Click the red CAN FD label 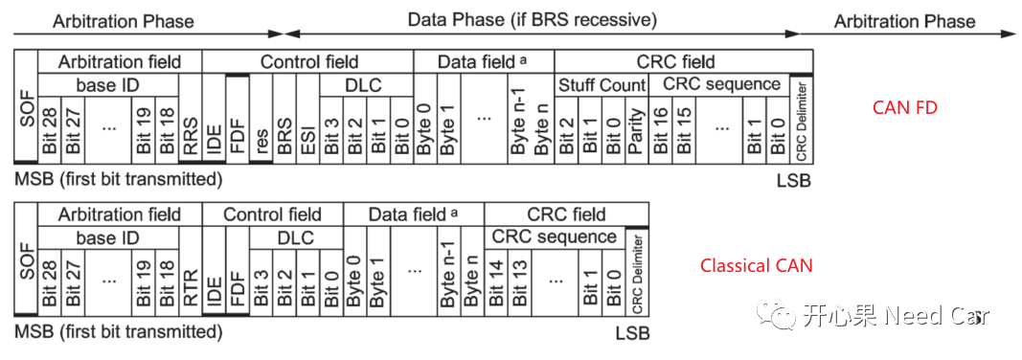[x=904, y=108]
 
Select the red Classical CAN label [x=756, y=265]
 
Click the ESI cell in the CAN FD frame [x=307, y=130]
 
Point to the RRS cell [x=192, y=130]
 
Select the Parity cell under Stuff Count [x=637, y=130]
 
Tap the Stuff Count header [x=602, y=85]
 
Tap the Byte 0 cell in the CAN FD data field [x=425, y=130]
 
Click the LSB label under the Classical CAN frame [x=632, y=333]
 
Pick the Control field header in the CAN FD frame [x=307, y=62]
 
